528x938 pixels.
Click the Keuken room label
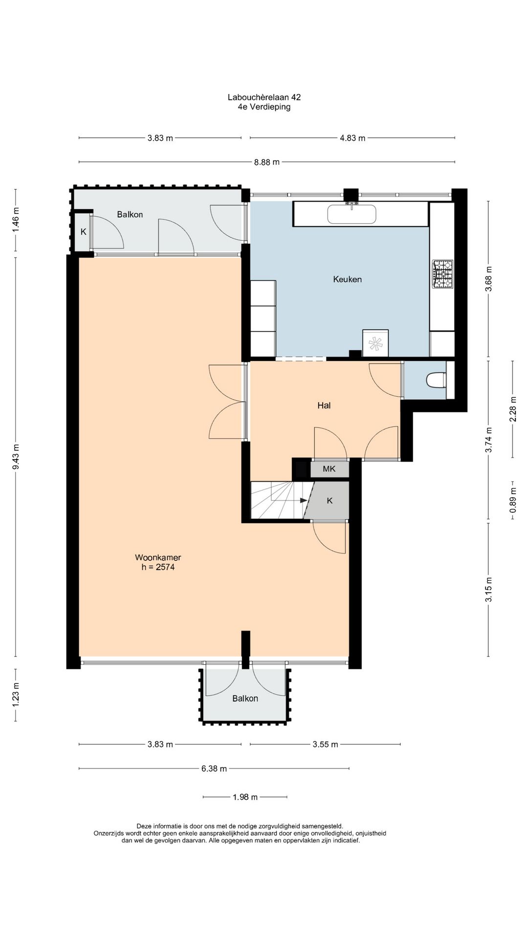tap(347, 279)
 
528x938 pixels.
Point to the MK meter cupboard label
tap(329, 469)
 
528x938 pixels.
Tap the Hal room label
tap(324, 405)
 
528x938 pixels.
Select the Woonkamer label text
tap(158, 557)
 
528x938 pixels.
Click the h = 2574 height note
tap(158, 567)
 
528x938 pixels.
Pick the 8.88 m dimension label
tap(267, 162)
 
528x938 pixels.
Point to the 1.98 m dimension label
tap(245, 797)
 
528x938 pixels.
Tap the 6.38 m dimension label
tap(214, 769)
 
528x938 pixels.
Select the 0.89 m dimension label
tap(512, 500)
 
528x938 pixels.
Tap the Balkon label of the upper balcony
tap(130, 214)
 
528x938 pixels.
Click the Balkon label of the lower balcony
tap(245, 699)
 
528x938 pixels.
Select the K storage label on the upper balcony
tap(84, 232)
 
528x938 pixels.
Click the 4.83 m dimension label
tap(352, 138)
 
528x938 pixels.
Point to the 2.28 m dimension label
tap(512, 409)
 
